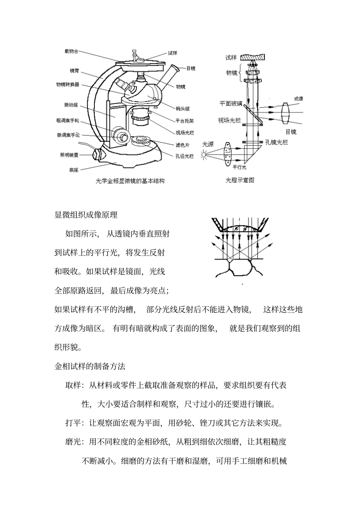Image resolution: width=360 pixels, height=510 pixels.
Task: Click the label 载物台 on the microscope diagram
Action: (71, 51)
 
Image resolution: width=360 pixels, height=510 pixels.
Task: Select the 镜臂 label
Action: (74, 71)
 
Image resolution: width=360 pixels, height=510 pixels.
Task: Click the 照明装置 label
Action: (69, 155)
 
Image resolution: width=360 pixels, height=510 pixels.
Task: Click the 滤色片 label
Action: (182, 145)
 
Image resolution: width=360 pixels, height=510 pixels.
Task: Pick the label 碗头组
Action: (183, 109)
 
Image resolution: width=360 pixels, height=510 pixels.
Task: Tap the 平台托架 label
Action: (185, 121)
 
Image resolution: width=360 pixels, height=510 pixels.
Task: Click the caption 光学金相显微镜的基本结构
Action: (130, 181)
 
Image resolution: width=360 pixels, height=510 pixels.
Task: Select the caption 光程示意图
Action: (240, 180)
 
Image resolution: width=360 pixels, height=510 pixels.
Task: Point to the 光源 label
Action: (208, 144)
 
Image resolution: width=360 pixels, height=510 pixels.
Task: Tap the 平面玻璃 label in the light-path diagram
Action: (231, 103)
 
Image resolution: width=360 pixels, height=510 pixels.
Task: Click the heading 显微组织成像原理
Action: (86, 215)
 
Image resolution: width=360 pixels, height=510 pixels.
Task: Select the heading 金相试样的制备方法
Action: (90, 366)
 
